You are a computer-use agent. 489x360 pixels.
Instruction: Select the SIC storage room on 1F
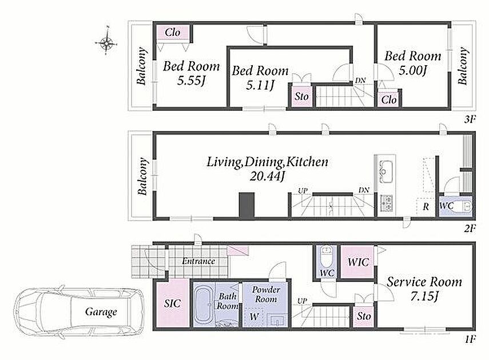tap(173, 303)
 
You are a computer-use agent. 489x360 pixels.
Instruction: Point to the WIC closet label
tap(358, 262)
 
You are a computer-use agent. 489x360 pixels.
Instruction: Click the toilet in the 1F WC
tap(327, 255)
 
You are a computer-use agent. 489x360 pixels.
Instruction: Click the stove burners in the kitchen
tap(387, 203)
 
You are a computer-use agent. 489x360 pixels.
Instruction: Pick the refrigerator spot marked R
tap(426, 207)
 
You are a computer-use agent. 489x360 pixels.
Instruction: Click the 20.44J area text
tap(267, 177)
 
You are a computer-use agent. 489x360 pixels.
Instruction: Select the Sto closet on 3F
tap(301, 97)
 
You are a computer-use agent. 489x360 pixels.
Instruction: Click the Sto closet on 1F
tap(364, 317)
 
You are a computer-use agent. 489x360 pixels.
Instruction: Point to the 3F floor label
tap(470, 119)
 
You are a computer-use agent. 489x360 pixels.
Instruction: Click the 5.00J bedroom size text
tap(412, 71)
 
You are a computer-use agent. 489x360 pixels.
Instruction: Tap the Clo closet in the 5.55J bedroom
tap(173, 33)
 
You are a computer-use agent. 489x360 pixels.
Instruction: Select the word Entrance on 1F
tap(198, 261)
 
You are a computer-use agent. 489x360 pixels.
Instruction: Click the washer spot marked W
tap(254, 317)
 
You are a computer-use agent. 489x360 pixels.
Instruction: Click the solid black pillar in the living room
tap(247, 205)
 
